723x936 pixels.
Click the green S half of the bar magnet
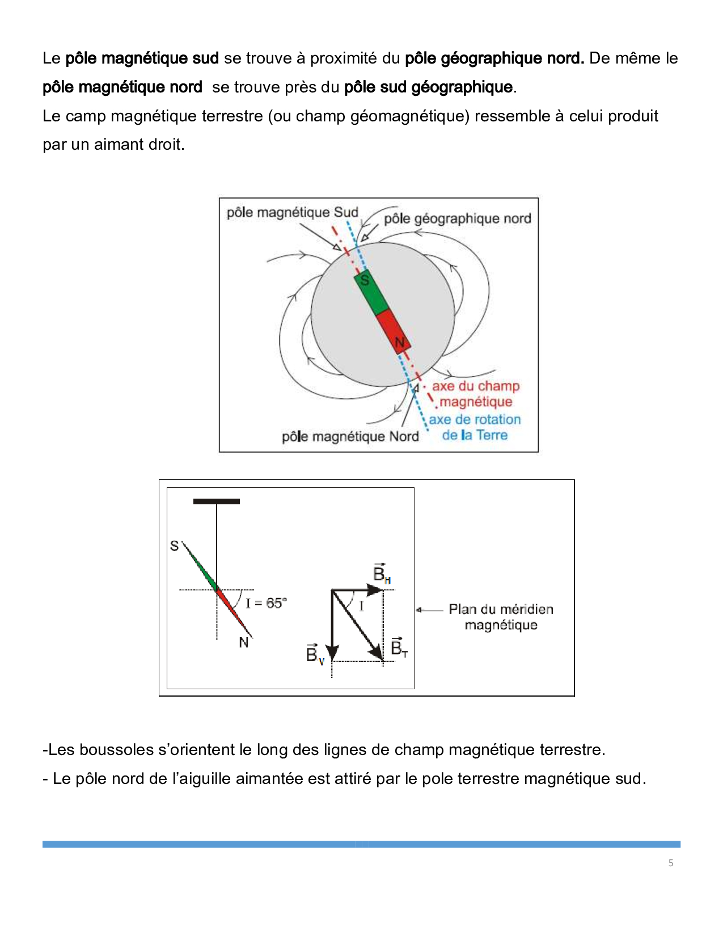(x=371, y=293)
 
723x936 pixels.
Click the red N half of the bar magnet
(x=394, y=331)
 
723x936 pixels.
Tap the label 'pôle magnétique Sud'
(x=292, y=213)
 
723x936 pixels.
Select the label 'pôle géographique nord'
(x=457, y=219)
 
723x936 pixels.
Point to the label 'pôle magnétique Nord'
(x=350, y=436)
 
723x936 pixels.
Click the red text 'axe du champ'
(x=476, y=386)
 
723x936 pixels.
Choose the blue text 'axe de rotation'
(x=475, y=420)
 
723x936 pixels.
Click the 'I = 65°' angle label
(x=267, y=603)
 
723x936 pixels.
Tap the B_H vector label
(x=381, y=574)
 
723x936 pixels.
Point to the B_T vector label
(x=399, y=647)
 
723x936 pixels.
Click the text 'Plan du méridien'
(x=501, y=609)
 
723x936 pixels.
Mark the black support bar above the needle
(x=216, y=501)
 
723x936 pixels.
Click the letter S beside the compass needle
(x=175, y=546)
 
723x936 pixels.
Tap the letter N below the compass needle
(x=244, y=642)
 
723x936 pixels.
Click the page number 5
(x=671, y=863)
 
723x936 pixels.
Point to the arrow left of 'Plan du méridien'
(x=429, y=610)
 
